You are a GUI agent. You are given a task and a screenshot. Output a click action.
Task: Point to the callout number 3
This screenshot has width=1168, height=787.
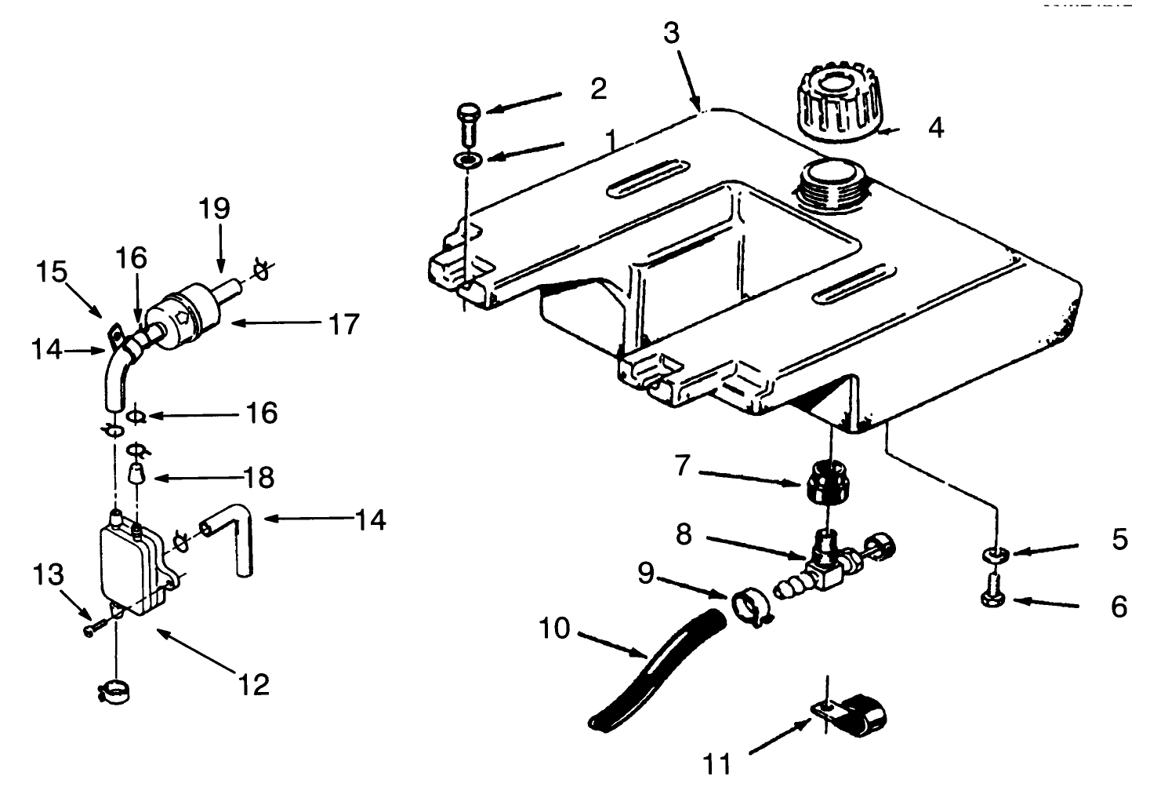click(x=671, y=33)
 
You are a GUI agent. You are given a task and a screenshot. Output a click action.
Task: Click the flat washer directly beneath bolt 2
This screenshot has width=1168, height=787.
click(x=468, y=161)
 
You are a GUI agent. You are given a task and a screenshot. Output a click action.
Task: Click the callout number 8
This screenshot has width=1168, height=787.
click(x=684, y=534)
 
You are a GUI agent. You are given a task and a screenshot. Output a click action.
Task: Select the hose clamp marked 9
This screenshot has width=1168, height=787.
click(x=750, y=608)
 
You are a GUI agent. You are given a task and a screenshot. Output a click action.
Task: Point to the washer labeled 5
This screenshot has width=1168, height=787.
click(x=994, y=556)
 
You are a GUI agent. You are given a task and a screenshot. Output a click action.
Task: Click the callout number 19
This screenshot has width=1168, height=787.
click(x=214, y=209)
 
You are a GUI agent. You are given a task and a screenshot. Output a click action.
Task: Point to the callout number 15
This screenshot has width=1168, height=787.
click(x=51, y=272)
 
